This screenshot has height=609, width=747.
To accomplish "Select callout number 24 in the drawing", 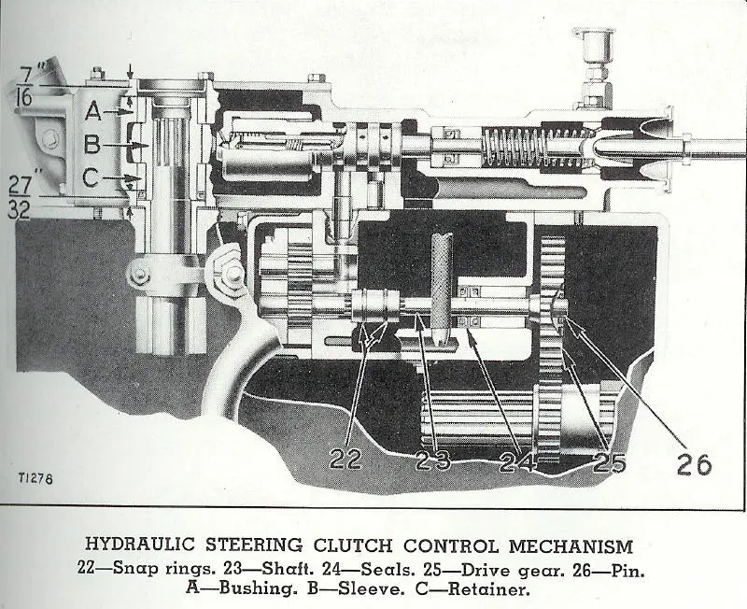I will (520, 460).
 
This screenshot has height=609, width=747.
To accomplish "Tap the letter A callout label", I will (93, 111).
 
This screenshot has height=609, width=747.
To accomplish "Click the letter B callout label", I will (92, 145).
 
